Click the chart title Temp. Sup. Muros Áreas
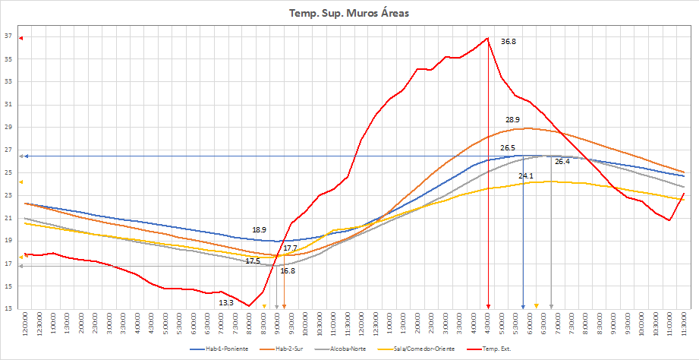point(349,13)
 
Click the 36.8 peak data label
point(509,42)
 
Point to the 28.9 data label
point(512,120)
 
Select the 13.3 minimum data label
point(226,303)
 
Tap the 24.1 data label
point(526,176)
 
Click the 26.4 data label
point(562,162)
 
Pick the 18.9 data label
point(260,229)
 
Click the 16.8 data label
point(288,270)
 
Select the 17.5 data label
point(253,261)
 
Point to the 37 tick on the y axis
point(8,36)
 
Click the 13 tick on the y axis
point(8,309)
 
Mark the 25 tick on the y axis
point(8,172)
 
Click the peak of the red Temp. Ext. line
point(487,38)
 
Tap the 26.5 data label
point(508,148)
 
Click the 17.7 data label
point(290,248)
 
